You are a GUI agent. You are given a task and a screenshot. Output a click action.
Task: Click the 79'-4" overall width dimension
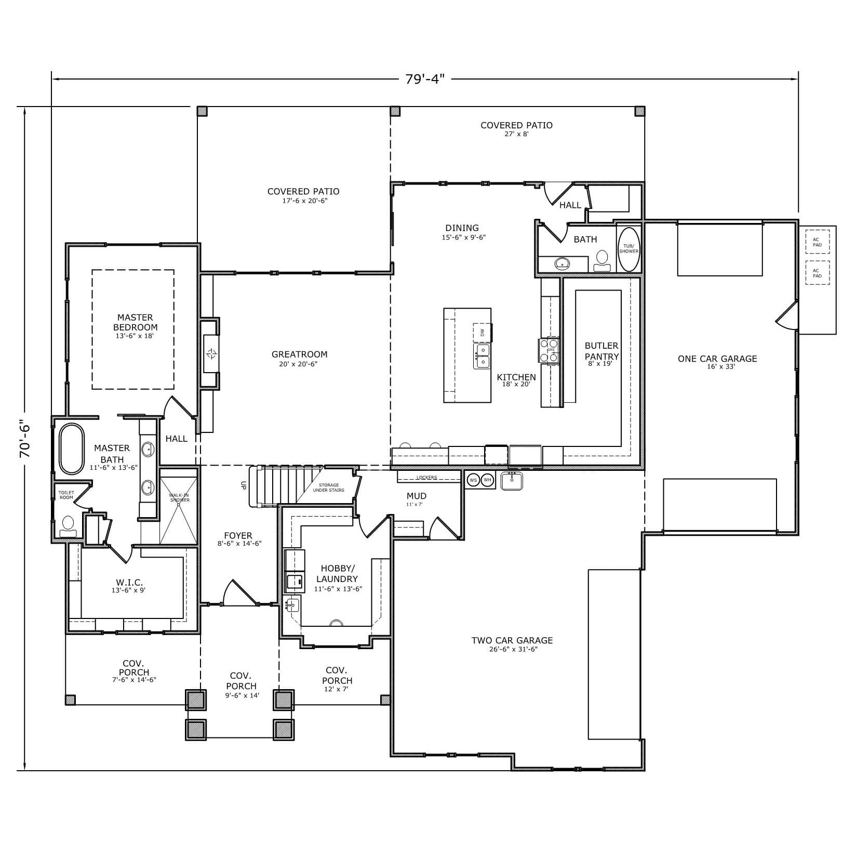[425, 79]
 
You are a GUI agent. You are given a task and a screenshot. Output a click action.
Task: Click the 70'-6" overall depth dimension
[25, 439]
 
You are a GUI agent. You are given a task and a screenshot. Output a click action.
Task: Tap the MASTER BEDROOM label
[135, 323]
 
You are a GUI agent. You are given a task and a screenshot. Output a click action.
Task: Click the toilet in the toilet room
[68, 525]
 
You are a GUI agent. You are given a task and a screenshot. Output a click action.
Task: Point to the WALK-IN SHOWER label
[179, 497]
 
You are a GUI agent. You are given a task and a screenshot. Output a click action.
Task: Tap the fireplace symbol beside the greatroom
[211, 354]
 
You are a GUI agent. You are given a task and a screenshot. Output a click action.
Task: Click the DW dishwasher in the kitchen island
[482, 332]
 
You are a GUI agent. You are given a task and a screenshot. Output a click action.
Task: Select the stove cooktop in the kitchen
[549, 350]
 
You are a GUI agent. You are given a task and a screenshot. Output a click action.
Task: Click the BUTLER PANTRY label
[601, 351]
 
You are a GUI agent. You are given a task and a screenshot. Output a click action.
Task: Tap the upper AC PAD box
[817, 242]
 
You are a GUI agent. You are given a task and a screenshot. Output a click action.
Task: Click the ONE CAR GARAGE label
[717, 359]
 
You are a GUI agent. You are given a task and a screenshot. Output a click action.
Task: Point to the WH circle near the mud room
[487, 480]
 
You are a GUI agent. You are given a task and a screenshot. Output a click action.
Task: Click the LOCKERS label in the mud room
[426, 477]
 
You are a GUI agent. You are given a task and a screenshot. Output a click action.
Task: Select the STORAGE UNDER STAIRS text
[328, 487]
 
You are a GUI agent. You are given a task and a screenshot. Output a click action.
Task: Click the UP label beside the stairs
[243, 485]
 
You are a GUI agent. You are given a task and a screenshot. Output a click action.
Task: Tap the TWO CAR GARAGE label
[512, 641]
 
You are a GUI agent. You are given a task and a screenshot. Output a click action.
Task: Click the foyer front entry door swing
[238, 593]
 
